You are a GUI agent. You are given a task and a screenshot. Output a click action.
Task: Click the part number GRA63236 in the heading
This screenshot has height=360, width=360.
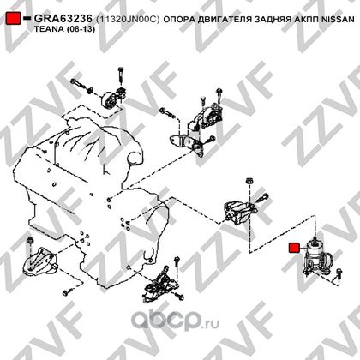click(x=63, y=19)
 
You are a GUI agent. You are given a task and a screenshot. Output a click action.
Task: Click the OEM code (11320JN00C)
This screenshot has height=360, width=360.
click(x=128, y=19)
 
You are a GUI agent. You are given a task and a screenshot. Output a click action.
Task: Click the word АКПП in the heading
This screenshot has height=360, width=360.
click(x=306, y=19)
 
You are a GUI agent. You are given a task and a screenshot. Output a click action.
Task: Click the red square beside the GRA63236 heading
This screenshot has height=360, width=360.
click(x=14, y=18)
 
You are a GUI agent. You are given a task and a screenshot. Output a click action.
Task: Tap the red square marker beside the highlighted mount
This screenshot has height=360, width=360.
click(x=294, y=248)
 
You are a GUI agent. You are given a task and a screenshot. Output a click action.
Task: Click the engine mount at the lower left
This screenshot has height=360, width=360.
click(x=40, y=262)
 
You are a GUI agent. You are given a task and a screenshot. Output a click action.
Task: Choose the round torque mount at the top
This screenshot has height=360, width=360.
click(x=113, y=99)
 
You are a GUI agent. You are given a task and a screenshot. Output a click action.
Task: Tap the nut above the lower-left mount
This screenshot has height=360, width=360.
click(x=30, y=240)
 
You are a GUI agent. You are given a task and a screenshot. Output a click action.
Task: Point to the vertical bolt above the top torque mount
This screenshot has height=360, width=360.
click(x=120, y=75)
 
